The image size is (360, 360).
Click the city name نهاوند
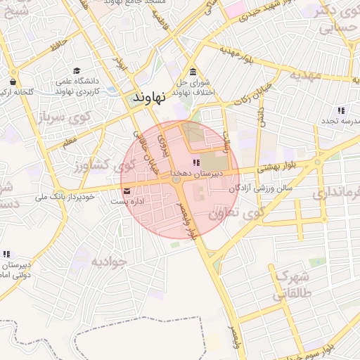click(148, 98)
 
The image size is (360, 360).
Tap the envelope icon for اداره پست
click(127, 191)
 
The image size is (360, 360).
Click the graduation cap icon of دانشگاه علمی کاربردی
click(76, 70)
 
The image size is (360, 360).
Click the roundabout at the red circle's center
click(176, 181)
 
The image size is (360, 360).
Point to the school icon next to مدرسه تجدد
click(341, 110)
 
